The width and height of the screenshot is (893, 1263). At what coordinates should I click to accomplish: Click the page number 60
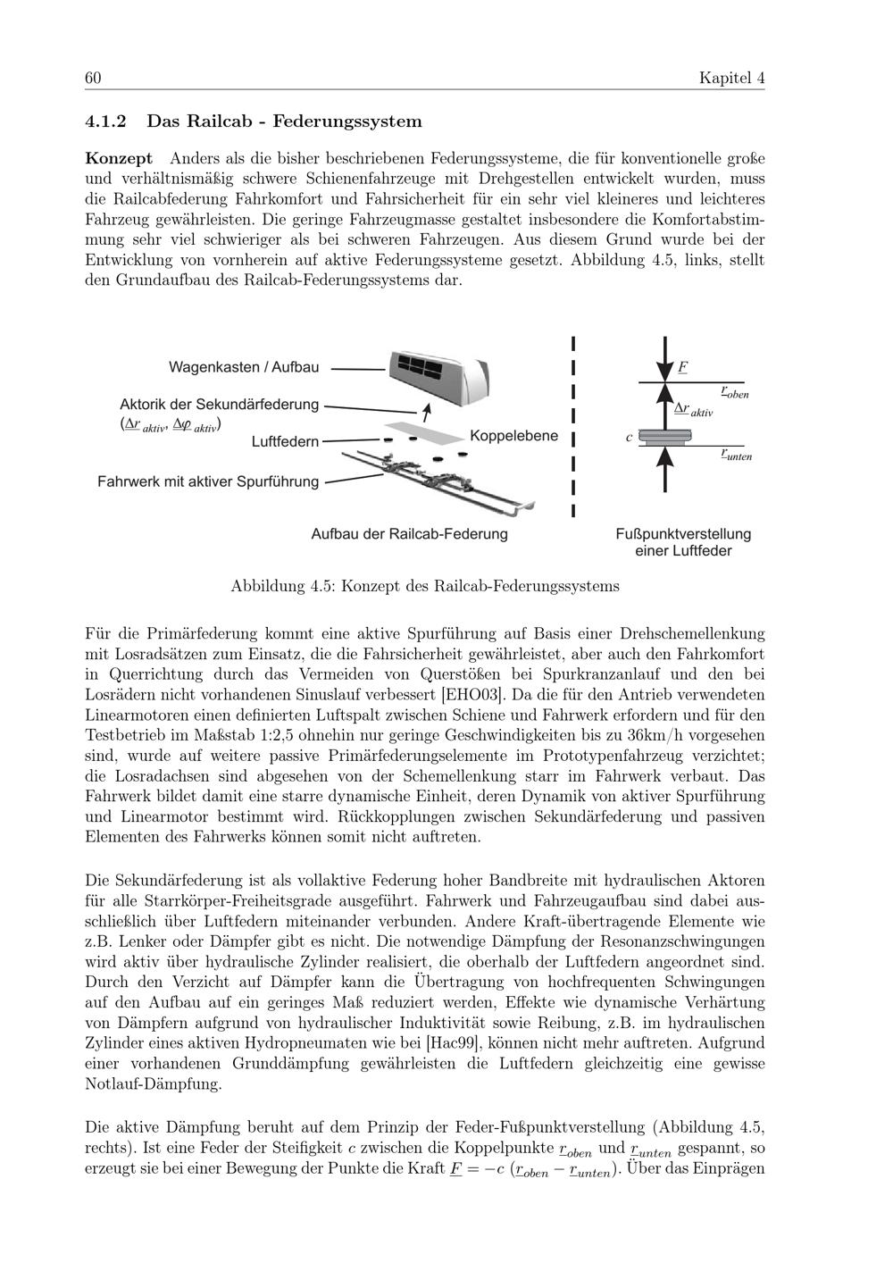93,79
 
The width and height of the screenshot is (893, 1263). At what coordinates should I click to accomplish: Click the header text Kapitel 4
731,79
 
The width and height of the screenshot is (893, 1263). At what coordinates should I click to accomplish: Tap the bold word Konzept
119,158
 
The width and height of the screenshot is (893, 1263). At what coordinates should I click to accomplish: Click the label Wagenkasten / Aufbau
244,367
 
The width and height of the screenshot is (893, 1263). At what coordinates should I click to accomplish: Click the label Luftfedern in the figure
285,441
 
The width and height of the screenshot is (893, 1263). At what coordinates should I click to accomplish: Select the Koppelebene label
513,436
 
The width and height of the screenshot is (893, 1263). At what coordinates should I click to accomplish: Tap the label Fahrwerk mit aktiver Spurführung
208,481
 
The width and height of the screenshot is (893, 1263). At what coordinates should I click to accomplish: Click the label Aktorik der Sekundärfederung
220,404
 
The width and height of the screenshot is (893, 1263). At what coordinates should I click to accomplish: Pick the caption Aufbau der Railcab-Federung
409,534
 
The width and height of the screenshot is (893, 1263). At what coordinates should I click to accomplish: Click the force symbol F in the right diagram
682,366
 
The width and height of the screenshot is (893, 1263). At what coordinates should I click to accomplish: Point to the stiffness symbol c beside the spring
630,437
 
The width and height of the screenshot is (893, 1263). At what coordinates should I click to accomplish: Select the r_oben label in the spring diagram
734,392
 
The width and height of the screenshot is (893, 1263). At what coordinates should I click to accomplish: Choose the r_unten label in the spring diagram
736,455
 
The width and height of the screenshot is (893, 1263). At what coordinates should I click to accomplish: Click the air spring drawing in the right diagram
666,438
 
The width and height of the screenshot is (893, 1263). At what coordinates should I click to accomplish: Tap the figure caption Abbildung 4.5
425,587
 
